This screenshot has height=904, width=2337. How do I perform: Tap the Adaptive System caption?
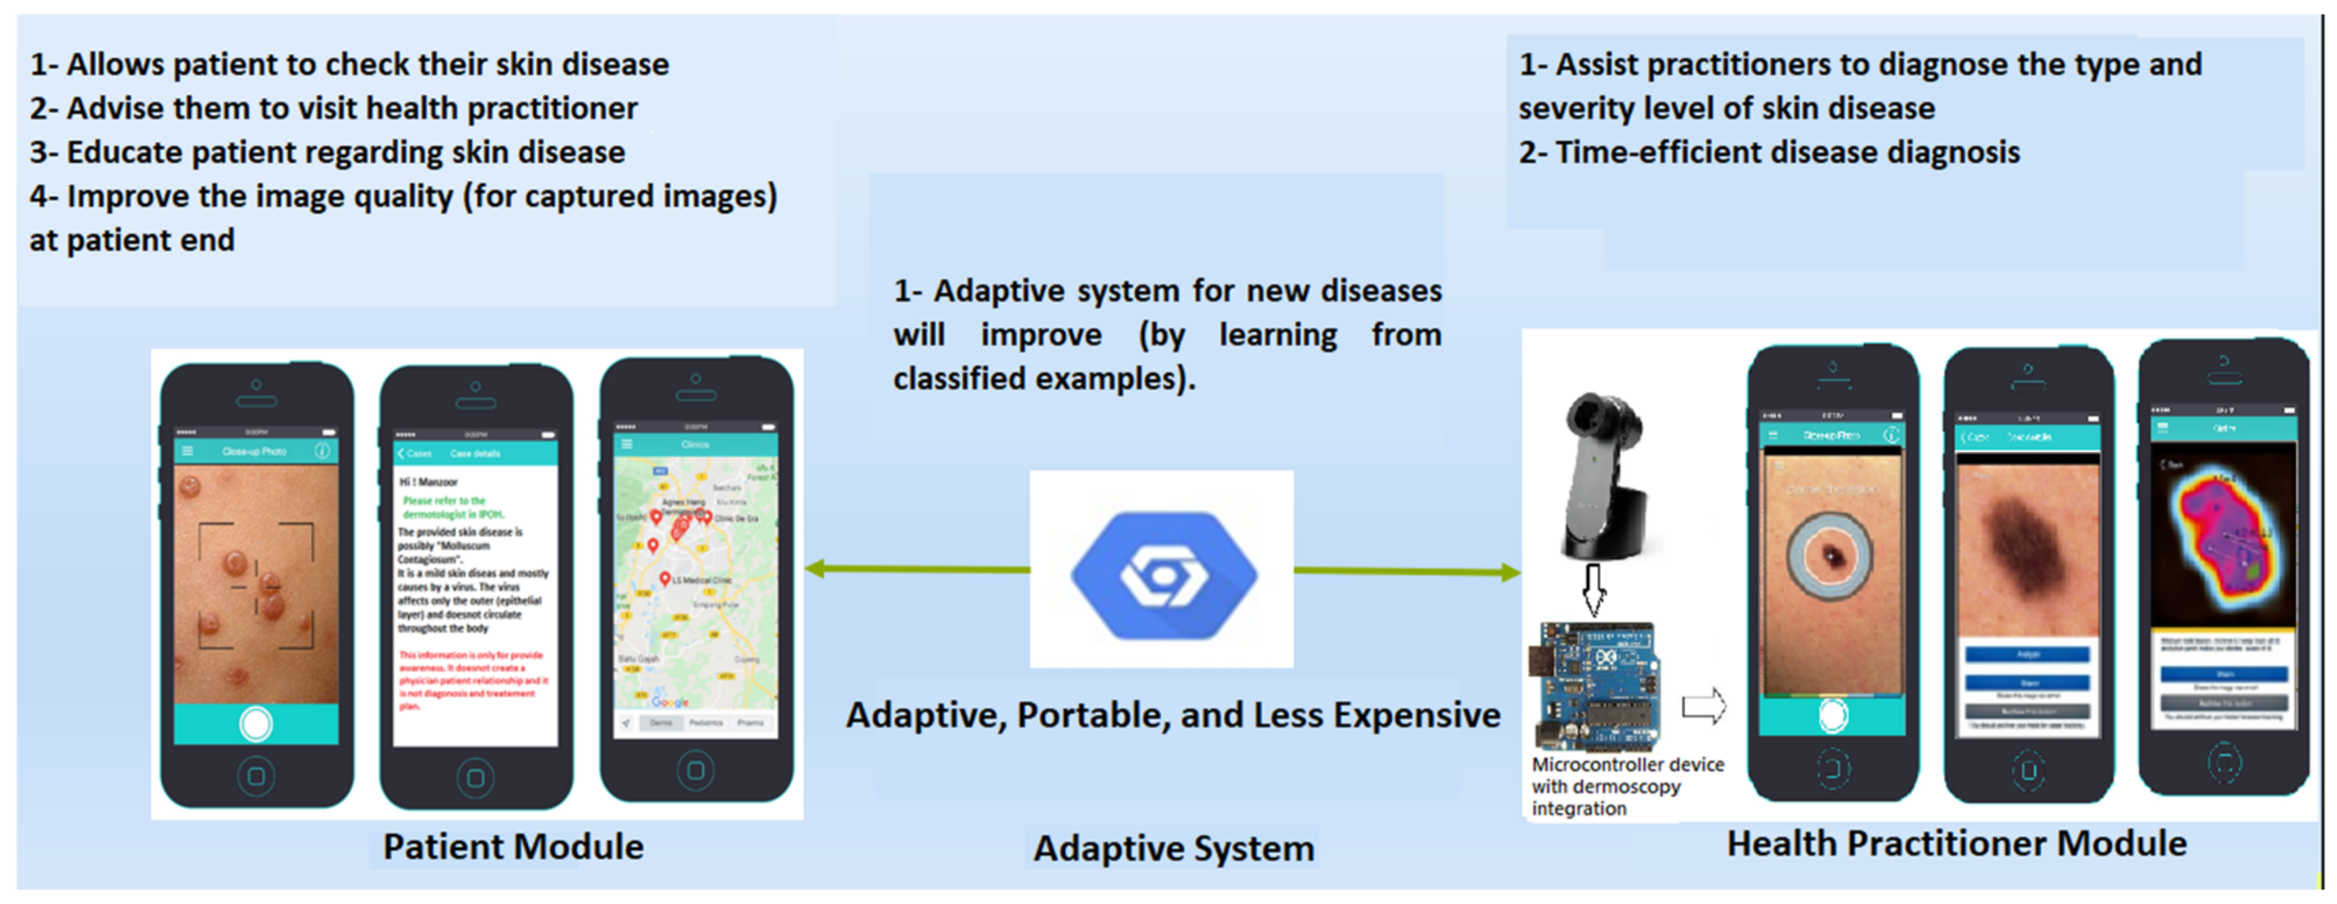(x=1173, y=849)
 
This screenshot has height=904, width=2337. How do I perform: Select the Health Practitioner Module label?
(x=1956, y=844)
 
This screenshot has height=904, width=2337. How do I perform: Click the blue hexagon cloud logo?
(x=1163, y=574)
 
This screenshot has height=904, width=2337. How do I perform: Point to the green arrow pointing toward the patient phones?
(x=916, y=569)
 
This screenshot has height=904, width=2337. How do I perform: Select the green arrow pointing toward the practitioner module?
(x=1406, y=571)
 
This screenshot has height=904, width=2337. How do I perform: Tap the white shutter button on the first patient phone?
(x=256, y=723)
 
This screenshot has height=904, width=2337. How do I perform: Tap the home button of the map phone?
(x=695, y=770)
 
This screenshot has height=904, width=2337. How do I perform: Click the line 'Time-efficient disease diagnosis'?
(x=1769, y=152)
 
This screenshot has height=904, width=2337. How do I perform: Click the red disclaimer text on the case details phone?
(x=472, y=680)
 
